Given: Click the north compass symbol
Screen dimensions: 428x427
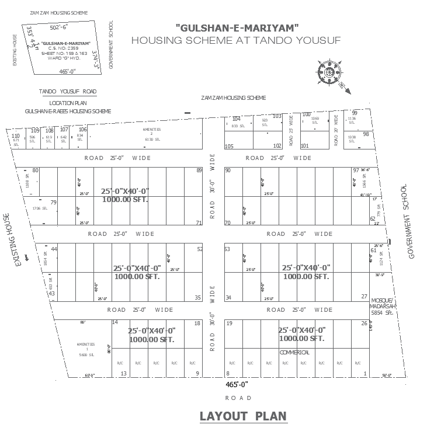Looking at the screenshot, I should (330, 73).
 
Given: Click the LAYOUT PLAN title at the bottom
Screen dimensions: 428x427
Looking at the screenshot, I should (243, 416).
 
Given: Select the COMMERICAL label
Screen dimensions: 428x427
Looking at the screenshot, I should (294, 353).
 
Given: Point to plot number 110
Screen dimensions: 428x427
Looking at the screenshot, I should (16, 135).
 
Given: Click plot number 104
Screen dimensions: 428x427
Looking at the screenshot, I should (237, 119).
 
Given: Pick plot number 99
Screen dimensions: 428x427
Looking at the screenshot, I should (355, 113).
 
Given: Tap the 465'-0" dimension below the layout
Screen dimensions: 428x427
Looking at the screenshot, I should (237, 385).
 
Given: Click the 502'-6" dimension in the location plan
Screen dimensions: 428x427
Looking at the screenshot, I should (59, 27).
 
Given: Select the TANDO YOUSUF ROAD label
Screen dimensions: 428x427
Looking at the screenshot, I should (68, 92).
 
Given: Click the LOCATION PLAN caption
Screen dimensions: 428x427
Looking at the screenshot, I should (68, 103).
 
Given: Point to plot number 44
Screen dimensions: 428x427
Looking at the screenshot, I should (54, 249).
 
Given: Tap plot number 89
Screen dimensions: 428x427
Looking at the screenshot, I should (199, 170).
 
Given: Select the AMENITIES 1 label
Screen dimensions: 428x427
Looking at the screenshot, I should (85, 345).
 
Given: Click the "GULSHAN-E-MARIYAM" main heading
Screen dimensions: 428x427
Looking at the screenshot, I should (237, 27).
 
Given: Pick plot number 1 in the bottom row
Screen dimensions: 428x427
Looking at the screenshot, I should (364, 374).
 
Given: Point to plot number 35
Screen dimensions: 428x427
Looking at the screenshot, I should (198, 298).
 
